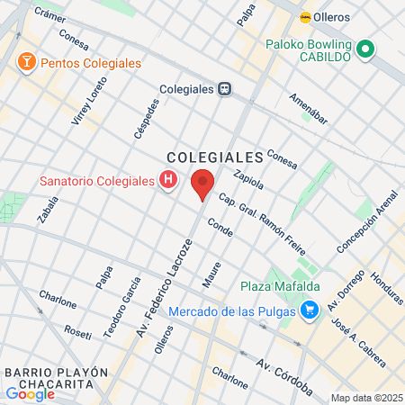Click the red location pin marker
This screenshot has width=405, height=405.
point(203,184)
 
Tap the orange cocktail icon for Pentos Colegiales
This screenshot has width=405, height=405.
point(26,62)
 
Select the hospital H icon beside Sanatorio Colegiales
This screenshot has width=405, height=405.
point(167,181)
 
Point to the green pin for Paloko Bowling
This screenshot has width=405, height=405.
point(365,50)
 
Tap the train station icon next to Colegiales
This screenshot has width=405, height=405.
point(225,89)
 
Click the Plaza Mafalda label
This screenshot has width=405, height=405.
point(276,287)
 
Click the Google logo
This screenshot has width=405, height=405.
point(30,393)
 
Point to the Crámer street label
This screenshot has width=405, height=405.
point(49,13)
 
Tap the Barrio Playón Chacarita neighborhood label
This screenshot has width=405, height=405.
point(56,378)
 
